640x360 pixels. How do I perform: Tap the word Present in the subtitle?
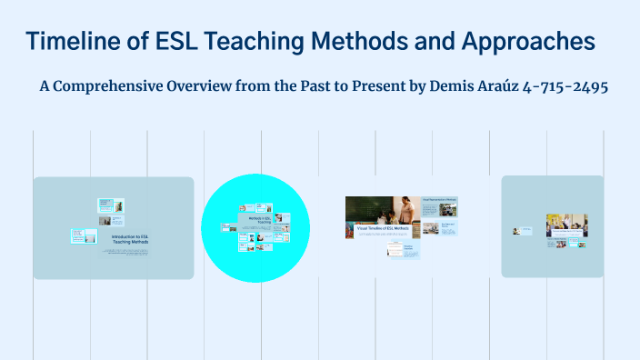coord(380,86)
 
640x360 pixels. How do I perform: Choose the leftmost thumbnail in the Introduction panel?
coord(84,235)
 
